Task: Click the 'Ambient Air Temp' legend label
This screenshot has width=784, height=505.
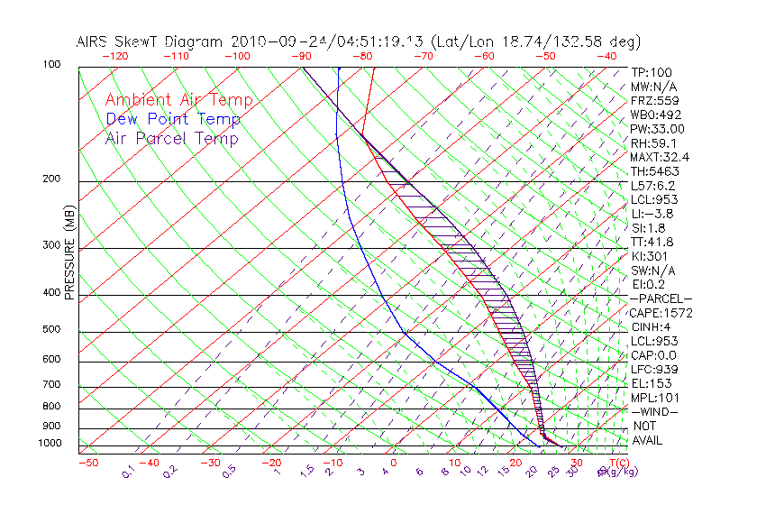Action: pyautogui.click(x=178, y=100)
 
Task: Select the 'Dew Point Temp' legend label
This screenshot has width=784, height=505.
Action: pyautogui.click(x=173, y=119)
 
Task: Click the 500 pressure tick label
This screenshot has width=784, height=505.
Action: pyautogui.click(x=50, y=330)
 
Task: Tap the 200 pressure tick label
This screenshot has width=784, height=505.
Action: pyautogui.click(x=50, y=179)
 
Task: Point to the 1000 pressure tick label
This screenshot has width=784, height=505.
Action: pyautogui.click(x=50, y=444)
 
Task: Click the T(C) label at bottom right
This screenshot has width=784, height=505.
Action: pyautogui.click(x=619, y=463)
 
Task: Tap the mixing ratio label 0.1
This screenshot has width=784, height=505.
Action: pyautogui.click(x=129, y=472)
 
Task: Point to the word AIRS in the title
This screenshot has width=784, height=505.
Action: pyautogui.click(x=93, y=41)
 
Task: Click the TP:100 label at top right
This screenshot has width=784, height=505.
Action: pyautogui.click(x=652, y=73)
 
